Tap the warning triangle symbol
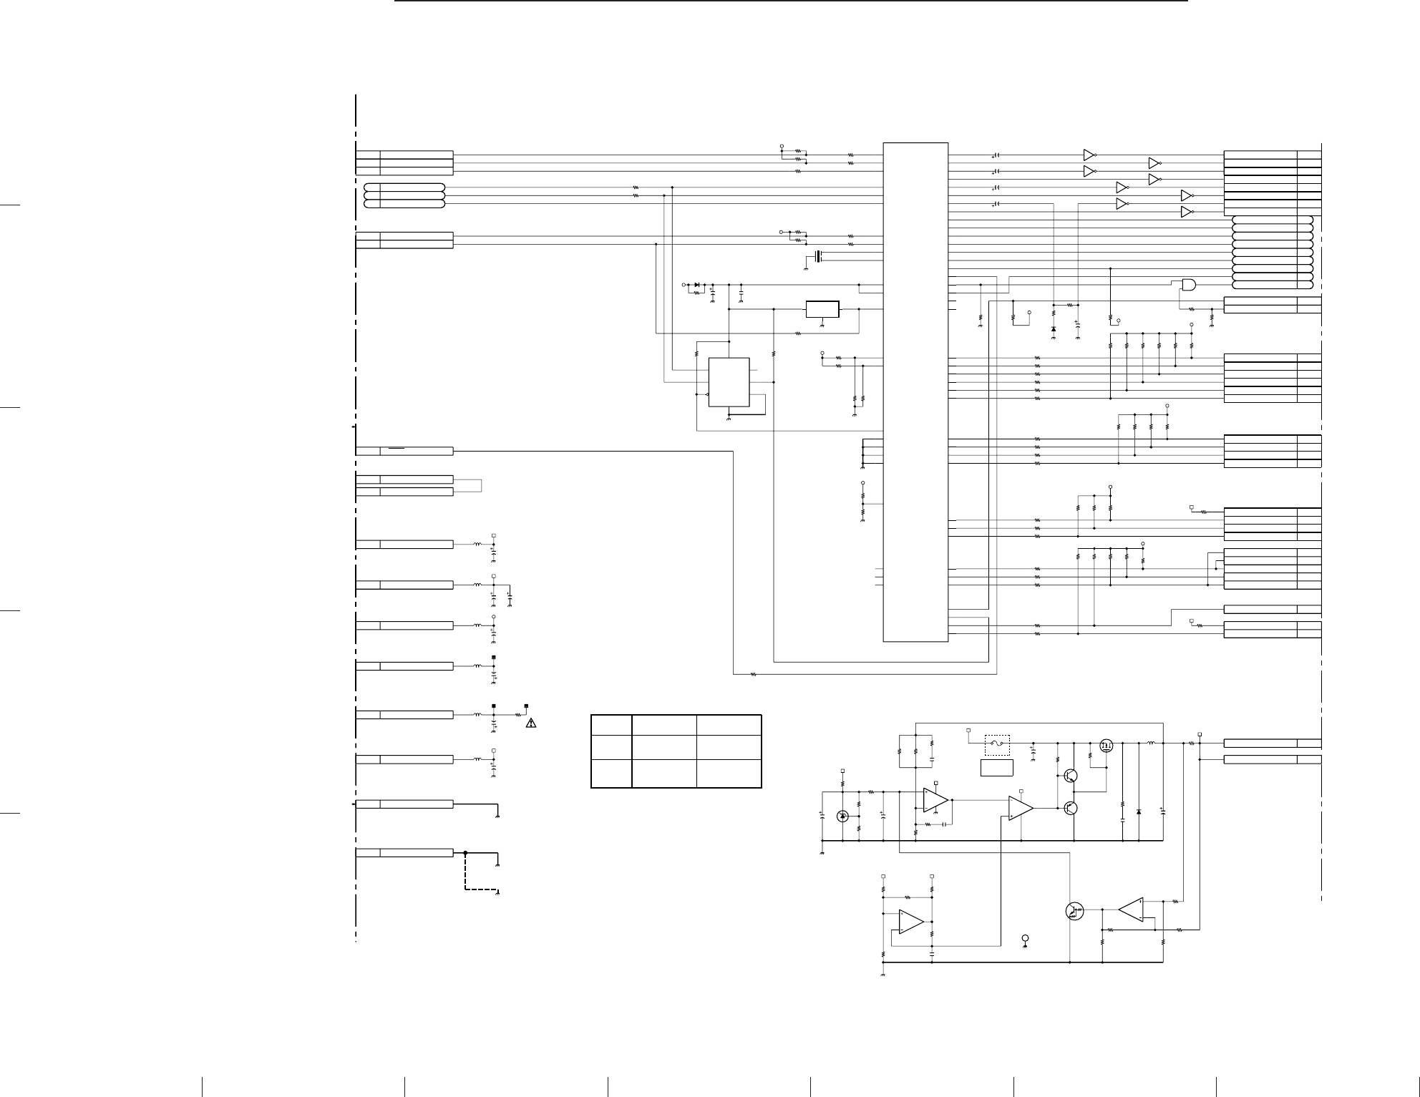531,723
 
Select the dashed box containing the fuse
997,745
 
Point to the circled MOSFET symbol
1107,746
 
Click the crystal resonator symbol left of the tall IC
818,256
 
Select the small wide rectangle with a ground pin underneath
822,309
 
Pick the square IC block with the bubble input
729,381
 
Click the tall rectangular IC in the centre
915,392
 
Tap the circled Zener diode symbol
842,816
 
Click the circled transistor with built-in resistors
1074,911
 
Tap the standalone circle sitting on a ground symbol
1025,938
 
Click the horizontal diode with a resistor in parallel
697,285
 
